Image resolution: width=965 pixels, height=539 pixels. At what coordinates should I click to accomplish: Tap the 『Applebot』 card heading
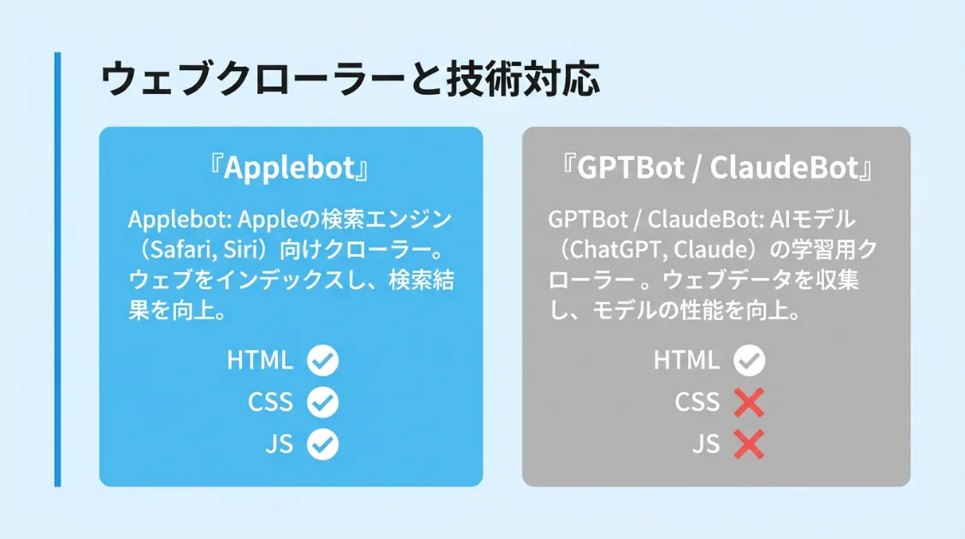point(291,169)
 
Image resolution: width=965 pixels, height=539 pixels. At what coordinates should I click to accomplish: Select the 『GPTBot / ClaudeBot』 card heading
point(716,169)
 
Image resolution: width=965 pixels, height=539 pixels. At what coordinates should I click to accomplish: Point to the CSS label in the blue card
point(270,402)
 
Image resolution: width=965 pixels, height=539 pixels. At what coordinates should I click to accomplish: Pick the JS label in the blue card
point(279,444)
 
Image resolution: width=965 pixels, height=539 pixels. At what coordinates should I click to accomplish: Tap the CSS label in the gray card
point(697,402)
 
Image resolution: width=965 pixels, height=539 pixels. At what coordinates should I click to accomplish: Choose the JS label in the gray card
point(706,444)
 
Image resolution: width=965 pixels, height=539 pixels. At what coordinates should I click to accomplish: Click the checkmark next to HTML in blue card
point(323,361)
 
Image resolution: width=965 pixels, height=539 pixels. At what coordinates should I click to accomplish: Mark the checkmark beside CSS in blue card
point(323,402)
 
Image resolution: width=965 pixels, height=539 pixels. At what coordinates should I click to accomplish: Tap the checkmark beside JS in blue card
point(323,444)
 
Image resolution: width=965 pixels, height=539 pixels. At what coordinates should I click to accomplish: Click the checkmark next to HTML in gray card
point(750,361)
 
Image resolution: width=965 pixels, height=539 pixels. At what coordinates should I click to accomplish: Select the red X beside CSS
point(749,402)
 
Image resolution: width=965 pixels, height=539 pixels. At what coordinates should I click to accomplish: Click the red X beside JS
point(749,444)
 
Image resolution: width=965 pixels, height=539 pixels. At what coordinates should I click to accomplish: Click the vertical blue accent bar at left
point(57,269)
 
